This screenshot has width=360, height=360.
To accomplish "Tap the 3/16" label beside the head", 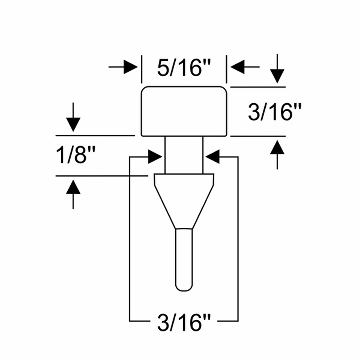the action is (x=275, y=112).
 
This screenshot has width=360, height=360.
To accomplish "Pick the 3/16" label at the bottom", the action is (x=184, y=323).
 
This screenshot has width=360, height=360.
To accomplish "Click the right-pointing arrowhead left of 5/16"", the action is (x=131, y=67).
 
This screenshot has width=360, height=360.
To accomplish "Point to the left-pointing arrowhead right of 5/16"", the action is (x=237, y=67).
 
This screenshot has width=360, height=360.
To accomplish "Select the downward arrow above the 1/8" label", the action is (x=73, y=117).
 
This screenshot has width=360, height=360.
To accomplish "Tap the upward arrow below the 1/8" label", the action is (x=73, y=194).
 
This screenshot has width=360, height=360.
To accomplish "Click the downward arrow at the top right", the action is (x=277, y=68).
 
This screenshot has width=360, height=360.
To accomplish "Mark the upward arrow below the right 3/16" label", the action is (x=277, y=155).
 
